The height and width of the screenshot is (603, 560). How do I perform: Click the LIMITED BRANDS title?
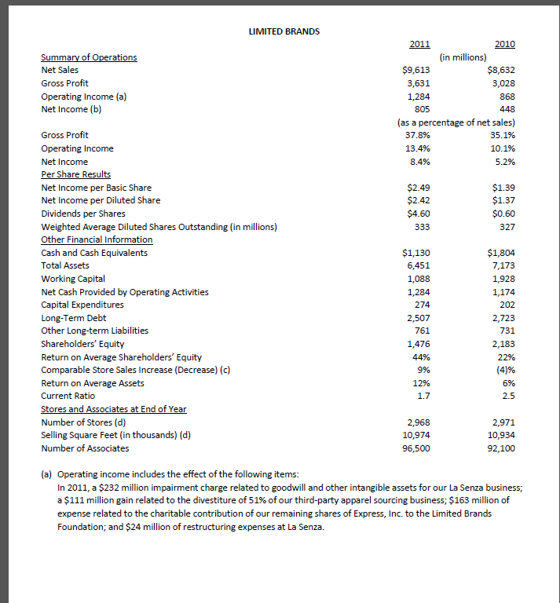tap(284, 31)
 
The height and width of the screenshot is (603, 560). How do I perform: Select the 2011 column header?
tap(419, 44)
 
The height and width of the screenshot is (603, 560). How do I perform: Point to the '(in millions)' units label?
tap(463, 57)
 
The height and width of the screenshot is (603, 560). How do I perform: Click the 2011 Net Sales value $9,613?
tap(415, 70)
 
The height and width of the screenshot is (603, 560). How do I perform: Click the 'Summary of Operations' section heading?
tap(89, 57)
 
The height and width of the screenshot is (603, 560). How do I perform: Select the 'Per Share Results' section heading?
tap(75, 174)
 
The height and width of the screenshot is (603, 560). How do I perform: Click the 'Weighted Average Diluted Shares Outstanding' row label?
tap(159, 227)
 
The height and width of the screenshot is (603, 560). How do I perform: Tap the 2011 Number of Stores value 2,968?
tap(417, 422)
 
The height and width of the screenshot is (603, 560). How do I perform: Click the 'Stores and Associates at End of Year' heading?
tap(113, 409)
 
